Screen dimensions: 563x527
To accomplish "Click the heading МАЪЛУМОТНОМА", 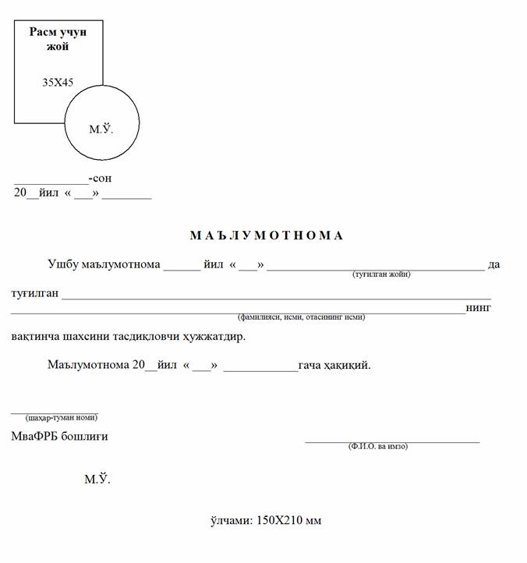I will point(266,235).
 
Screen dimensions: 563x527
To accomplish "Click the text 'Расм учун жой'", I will point(58,39).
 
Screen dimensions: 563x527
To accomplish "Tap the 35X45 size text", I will point(58,81).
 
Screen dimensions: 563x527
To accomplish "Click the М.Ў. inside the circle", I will point(101,129).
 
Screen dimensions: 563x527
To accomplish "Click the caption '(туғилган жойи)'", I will point(381,274).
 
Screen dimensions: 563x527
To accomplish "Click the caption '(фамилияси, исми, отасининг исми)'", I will point(301,317).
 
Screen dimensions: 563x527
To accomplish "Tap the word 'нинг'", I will point(479,308).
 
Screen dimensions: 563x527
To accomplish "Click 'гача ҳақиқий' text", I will point(335,364).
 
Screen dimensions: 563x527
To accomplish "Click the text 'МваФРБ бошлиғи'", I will point(59,436).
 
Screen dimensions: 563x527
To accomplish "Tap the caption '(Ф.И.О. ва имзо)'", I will point(377,446).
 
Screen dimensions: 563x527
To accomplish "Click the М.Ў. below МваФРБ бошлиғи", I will point(97,479).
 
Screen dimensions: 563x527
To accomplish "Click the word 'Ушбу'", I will point(62,264).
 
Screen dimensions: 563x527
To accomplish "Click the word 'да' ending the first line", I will point(493,264).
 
